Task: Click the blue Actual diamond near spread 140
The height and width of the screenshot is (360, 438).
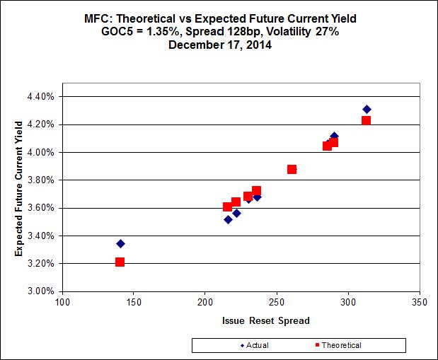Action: coord(120,243)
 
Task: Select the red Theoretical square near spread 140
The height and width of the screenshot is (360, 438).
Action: coord(120,262)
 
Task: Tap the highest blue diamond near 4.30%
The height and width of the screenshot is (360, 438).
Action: coord(367,109)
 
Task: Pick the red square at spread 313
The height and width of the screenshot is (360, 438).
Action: coord(366,120)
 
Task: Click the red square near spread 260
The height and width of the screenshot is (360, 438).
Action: coord(292,169)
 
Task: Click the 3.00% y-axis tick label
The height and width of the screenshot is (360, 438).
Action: coord(40,291)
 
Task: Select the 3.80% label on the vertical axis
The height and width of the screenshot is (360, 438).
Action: coord(40,180)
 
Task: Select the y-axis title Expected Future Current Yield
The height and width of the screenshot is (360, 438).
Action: coord(19,193)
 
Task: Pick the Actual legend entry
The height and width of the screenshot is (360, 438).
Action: coord(254,345)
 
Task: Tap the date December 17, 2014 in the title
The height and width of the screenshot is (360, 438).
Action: coord(219,43)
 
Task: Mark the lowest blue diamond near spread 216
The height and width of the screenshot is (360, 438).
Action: coord(228,219)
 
